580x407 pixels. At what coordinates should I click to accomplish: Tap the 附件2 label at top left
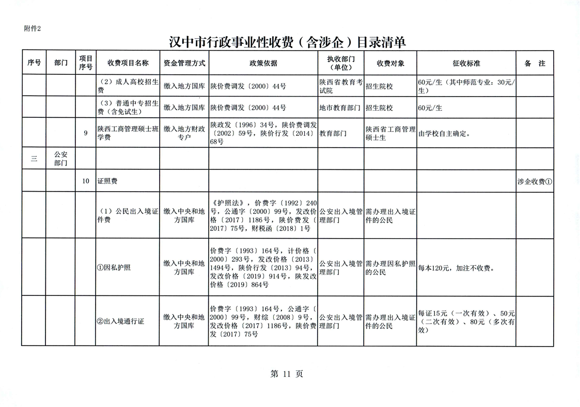point(32,28)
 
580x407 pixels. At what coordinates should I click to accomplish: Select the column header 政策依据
point(263,64)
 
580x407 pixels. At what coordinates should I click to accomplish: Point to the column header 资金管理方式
point(184,64)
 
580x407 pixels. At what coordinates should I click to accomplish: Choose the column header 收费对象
point(390,64)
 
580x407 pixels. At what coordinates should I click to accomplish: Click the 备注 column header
point(535,64)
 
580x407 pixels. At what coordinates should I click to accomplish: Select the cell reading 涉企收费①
point(535,181)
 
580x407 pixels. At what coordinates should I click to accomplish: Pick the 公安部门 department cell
point(61,159)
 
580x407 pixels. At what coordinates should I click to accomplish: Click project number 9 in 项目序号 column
point(85,133)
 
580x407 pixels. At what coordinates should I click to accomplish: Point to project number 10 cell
point(85,181)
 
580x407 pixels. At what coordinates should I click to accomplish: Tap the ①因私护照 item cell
point(114,268)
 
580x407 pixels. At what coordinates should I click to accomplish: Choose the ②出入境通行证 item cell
point(120,321)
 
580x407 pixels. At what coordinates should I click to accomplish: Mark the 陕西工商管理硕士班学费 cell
point(127,133)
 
